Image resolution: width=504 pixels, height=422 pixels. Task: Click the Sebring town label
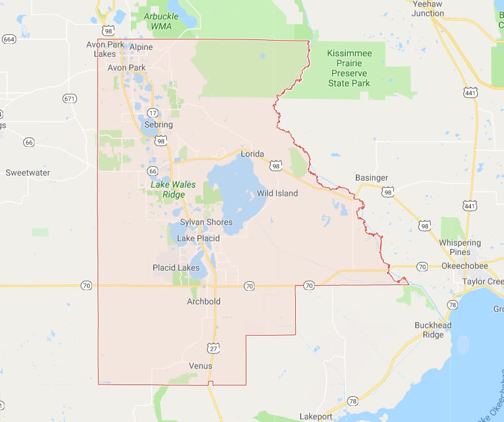pos(158,125)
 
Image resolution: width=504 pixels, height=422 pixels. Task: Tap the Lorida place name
pos(253,154)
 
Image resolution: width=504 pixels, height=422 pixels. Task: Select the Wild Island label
pos(277,193)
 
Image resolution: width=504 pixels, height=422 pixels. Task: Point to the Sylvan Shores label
pos(206,222)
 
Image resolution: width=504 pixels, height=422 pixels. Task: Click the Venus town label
pos(200,366)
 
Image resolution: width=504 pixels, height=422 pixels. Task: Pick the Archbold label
pos(204,301)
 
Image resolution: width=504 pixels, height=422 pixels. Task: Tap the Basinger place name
pos(371,178)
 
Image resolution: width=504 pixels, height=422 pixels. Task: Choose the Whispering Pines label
pos(460,247)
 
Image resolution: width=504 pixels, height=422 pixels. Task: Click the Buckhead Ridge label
pos(428,329)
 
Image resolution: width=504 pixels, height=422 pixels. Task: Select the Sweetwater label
pos(28,173)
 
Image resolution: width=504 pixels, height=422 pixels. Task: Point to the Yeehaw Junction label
pos(428,8)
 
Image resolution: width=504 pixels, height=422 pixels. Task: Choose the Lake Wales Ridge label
pos(173,189)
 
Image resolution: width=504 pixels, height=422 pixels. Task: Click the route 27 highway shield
pos(213,348)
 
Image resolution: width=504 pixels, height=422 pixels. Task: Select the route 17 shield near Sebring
pos(152,113)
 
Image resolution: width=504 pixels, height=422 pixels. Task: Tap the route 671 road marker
pos(69,98)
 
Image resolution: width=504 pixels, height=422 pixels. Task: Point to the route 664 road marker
pos(9,39)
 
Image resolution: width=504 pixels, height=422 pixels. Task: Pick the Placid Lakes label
pos(176,268)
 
